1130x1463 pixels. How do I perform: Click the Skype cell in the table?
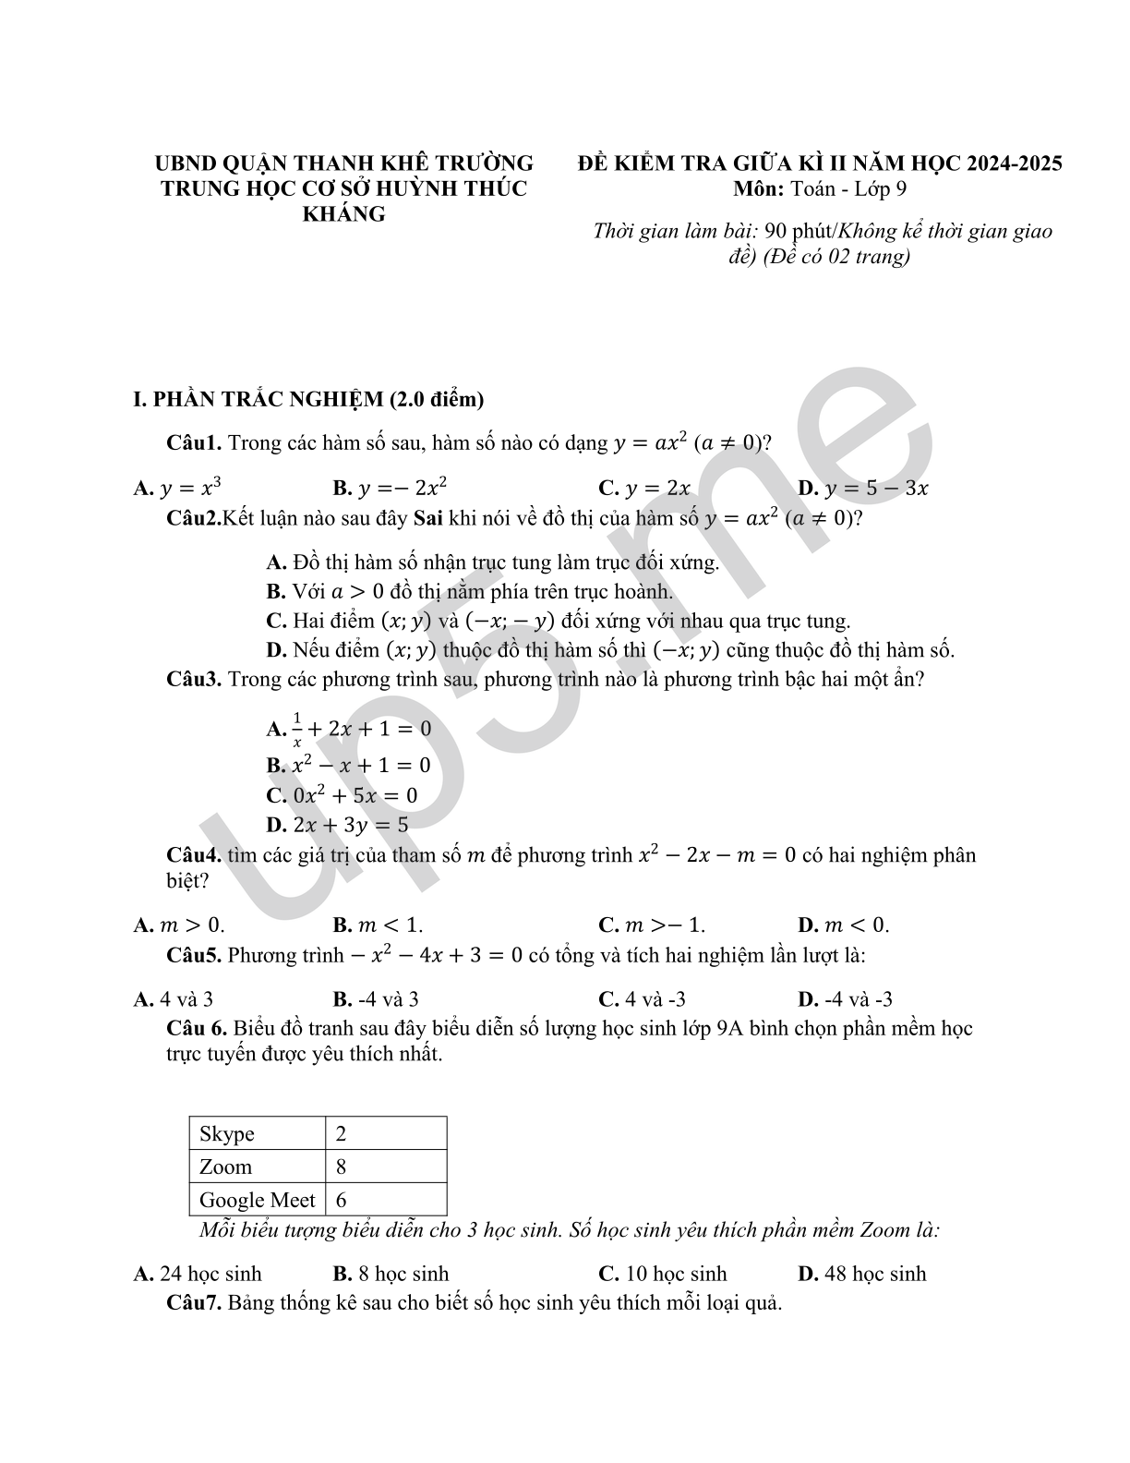[x=227, y=1134]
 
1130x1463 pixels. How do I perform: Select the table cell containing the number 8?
[x=342, y=1167]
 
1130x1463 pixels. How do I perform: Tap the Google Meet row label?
[x=257, y=1200]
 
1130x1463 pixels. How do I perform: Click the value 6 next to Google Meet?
[x=342, y=1200]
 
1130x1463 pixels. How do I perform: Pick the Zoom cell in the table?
[x=225, y=1167]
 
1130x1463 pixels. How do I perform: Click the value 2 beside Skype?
[x=342, y=1134]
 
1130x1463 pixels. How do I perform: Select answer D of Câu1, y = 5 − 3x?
[x=862, y=489]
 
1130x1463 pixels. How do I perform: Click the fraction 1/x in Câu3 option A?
[x=297, y=729]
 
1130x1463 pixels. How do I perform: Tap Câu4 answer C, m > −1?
[x=652, y=925]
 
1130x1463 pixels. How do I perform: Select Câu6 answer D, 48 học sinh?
[x=861, y=1274]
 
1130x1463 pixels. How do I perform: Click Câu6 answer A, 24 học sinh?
[x=198, y=1274]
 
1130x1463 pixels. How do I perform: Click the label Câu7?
[x=194, y=1303]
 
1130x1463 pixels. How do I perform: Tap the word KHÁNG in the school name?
[x=344, y=214]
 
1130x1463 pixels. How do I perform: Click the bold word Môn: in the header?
[x=759, y=189]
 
